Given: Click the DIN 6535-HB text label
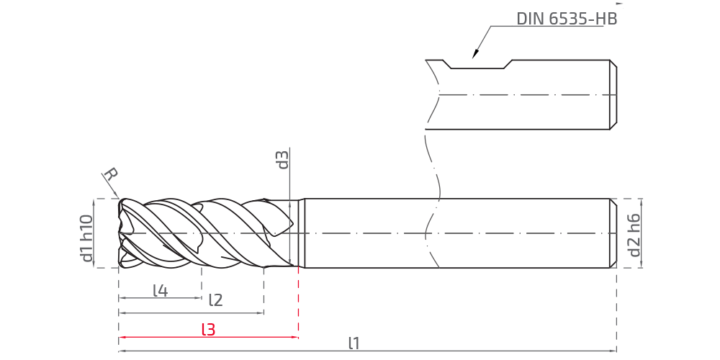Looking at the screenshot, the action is click(567, 19).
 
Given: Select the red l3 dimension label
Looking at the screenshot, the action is click(209, 329).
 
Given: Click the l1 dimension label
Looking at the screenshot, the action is click(354, 343).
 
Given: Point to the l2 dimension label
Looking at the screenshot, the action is click(215, 300).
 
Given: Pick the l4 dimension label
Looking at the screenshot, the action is click(161, 290).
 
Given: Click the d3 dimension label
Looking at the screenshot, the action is click(283, 160).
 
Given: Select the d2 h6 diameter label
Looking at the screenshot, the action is click(634, 235).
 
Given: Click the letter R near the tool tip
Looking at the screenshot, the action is click(111, 174).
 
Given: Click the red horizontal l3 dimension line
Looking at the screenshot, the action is click(209, 338).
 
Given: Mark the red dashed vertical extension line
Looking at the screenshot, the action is click(299, 302).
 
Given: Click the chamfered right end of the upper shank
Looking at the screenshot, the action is click(613, 94).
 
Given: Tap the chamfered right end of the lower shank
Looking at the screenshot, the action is click(613, 233).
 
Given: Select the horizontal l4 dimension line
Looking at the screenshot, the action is click(160, 298).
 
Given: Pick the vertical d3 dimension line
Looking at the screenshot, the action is click(290, 207).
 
